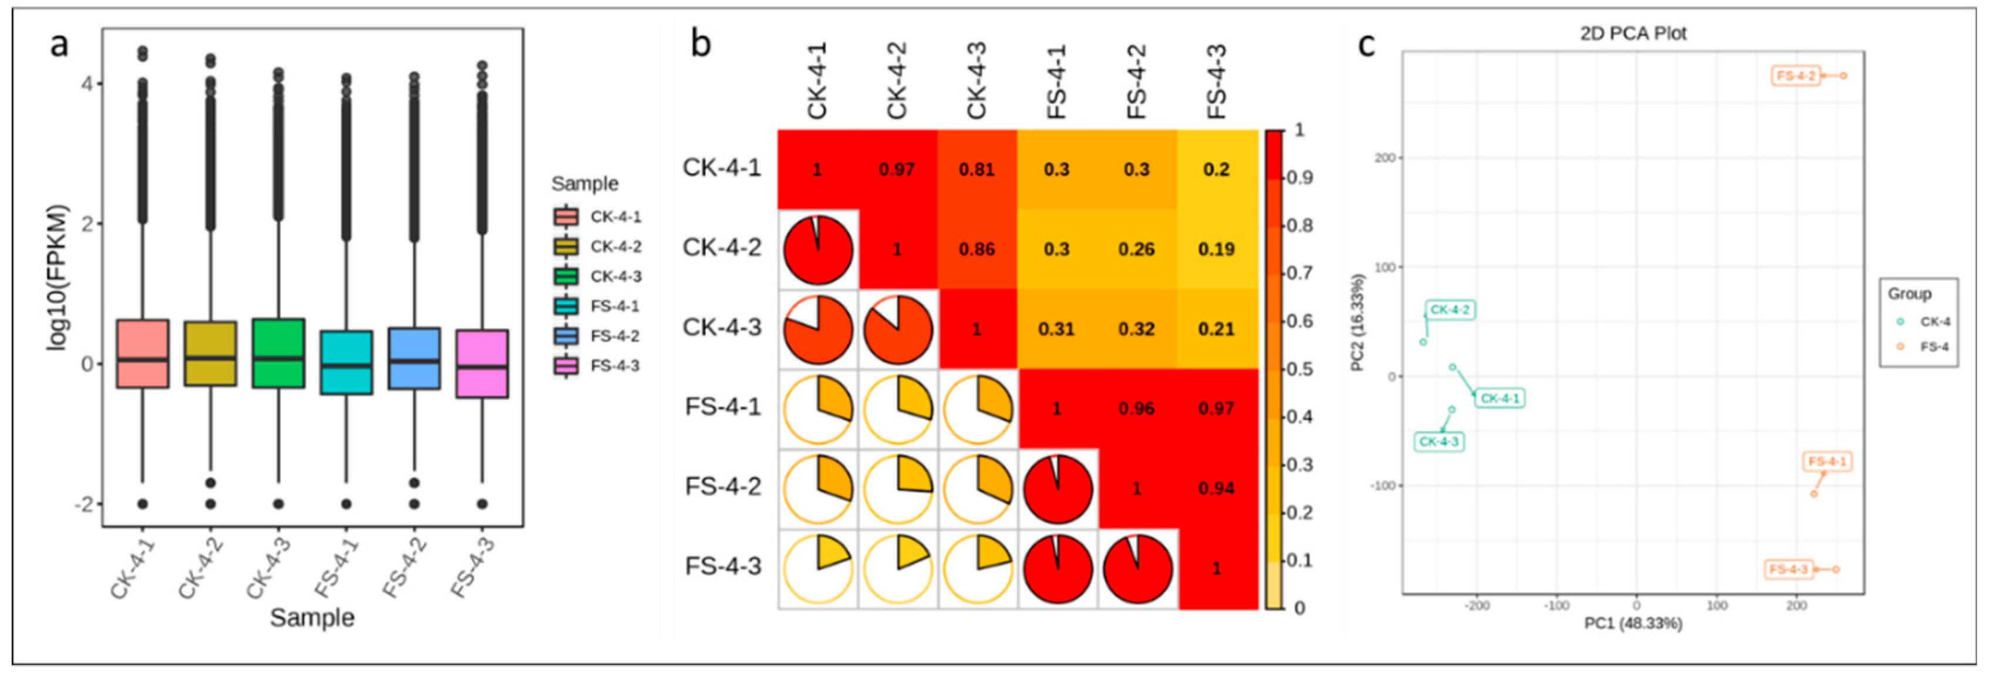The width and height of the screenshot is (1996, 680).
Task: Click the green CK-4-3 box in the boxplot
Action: click(278, 353)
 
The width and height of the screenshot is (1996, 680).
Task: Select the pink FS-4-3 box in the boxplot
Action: click(482, 364)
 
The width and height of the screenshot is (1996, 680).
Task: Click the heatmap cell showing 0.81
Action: click(977, 170)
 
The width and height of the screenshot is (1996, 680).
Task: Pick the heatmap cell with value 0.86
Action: click(977, 249)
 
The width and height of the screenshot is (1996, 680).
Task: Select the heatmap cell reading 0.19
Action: click(1216, 249)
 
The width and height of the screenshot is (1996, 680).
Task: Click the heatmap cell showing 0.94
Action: click(1216, 489)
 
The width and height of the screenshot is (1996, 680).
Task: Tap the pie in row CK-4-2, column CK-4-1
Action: click(818, 250)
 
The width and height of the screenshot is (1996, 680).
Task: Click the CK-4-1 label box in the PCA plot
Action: click(1499, 399)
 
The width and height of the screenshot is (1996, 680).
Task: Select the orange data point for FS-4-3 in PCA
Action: click(1836, 569)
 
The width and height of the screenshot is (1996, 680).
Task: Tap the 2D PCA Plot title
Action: click(1633, 33)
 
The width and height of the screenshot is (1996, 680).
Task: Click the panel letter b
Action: click(701, 44)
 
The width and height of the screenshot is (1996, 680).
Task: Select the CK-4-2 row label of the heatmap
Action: click(721, 248)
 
